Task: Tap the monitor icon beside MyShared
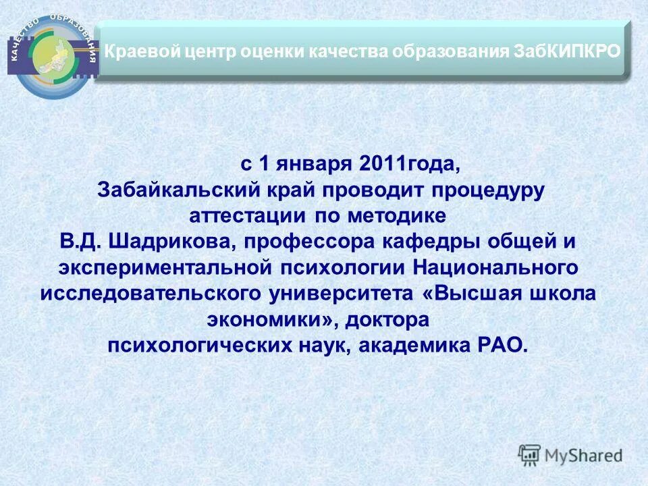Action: (530, 455)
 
